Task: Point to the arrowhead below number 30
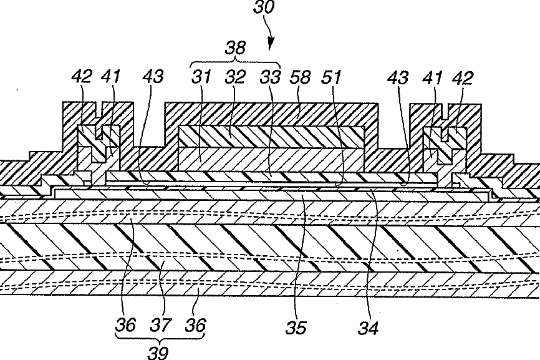[x=270, y=45]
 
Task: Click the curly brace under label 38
[x=236, y=62]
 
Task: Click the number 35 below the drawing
[x=296, y=326]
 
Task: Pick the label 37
[x=161, y=325]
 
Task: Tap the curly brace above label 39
[x=160, y=338]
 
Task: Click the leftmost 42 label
[x=81, y=77]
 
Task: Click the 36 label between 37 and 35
[x=195, y=325]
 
